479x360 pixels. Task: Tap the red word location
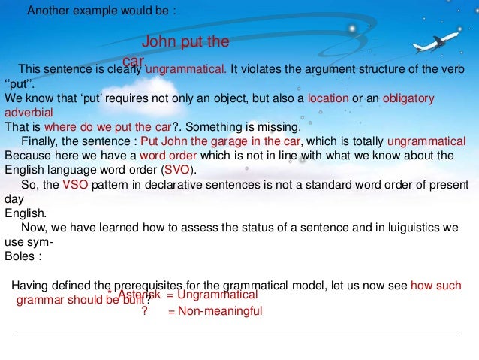click(328, 98)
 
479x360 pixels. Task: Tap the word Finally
click(41, 142)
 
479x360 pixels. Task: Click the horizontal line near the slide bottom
click(239, 334)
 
